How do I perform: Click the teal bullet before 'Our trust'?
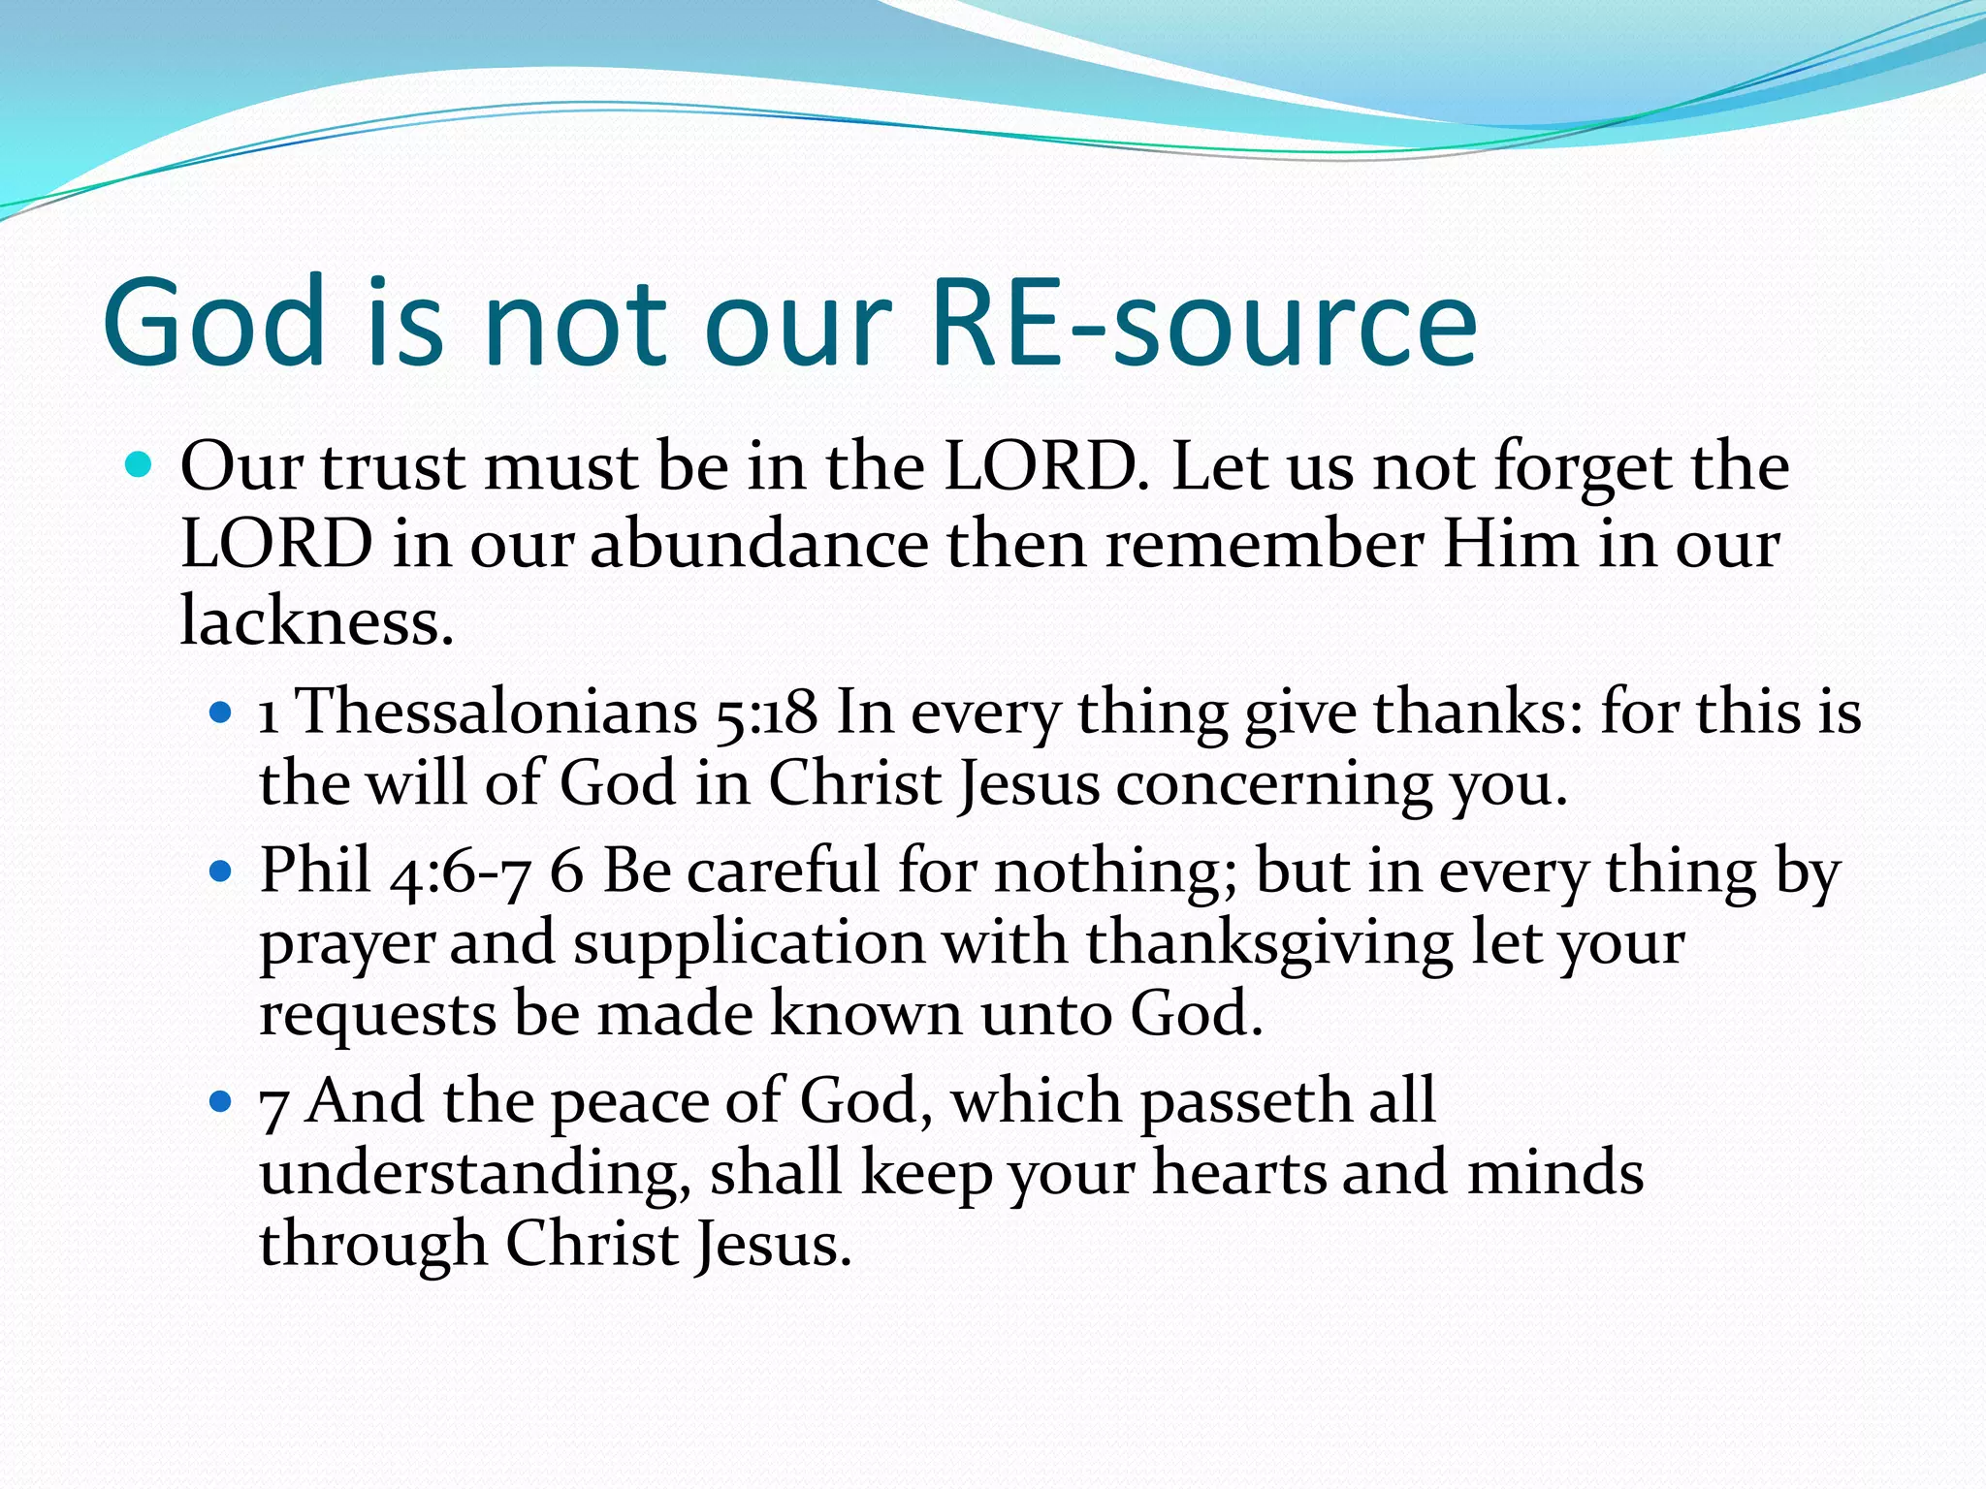pos(140,466)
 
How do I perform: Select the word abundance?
pos(759,544)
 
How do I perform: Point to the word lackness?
pos(316,620)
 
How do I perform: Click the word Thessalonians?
pos(496,713)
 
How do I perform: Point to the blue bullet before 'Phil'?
pos(221,871)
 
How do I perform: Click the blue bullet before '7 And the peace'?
pos(221,1101)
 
